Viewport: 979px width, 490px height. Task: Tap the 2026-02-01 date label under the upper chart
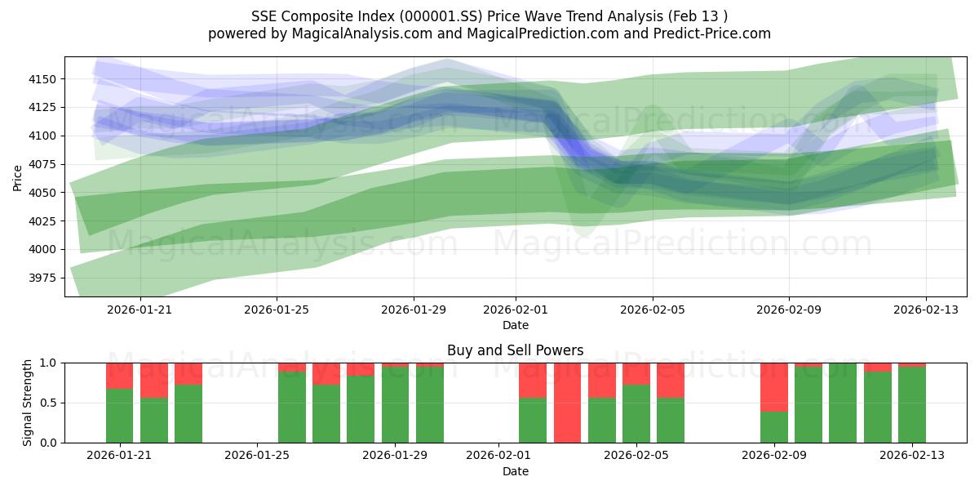pos(516,310)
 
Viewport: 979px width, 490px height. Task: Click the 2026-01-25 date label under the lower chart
pos(257,456)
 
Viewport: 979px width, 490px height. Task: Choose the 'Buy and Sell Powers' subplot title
pos(516,351)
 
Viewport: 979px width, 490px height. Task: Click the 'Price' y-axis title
pos(18,176)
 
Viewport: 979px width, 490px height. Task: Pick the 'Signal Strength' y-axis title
pos(28,403)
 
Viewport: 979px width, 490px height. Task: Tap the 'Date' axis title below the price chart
pos(516,325)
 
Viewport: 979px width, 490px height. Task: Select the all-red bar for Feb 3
pos(568,403)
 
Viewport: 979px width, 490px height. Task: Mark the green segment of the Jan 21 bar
pos(119,416)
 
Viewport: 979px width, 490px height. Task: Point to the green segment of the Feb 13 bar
pos(912,404)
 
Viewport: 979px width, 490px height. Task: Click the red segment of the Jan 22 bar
pos(154,380)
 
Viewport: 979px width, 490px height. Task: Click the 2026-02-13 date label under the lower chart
pos(912,456)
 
